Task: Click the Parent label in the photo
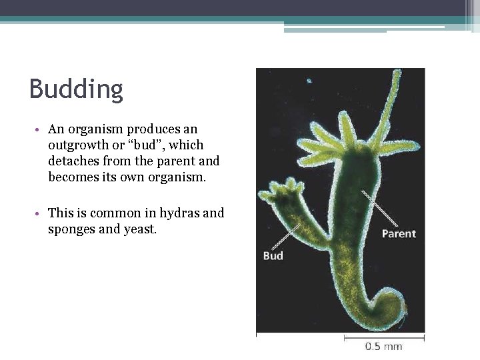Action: pyautogui.click(x=398, y=233)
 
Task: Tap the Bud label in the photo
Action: pyautogui.click(x=273, y=255)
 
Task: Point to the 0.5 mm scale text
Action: pyautogui.click(x=383, y=346)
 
